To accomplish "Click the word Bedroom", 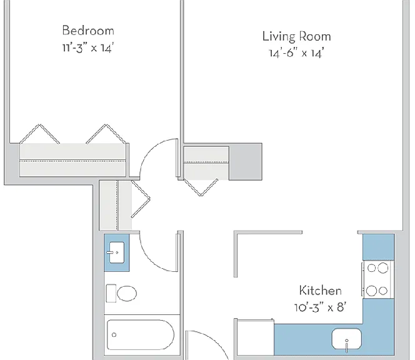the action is [88, 31].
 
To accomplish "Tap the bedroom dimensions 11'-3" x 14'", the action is [88, 48].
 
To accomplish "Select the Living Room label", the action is [296, 36].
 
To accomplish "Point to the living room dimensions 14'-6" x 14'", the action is [296, 53].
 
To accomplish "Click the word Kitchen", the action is [320, 291].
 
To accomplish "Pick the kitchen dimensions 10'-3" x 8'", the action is [320, 307].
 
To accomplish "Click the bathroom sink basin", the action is [117, 252].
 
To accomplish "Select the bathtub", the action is [140, 334].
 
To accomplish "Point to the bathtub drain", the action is [114, 335].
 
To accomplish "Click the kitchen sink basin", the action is [347, 339].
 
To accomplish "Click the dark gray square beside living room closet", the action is [246, 162].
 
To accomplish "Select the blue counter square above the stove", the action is [379, 247].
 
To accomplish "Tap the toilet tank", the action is [111, 293].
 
